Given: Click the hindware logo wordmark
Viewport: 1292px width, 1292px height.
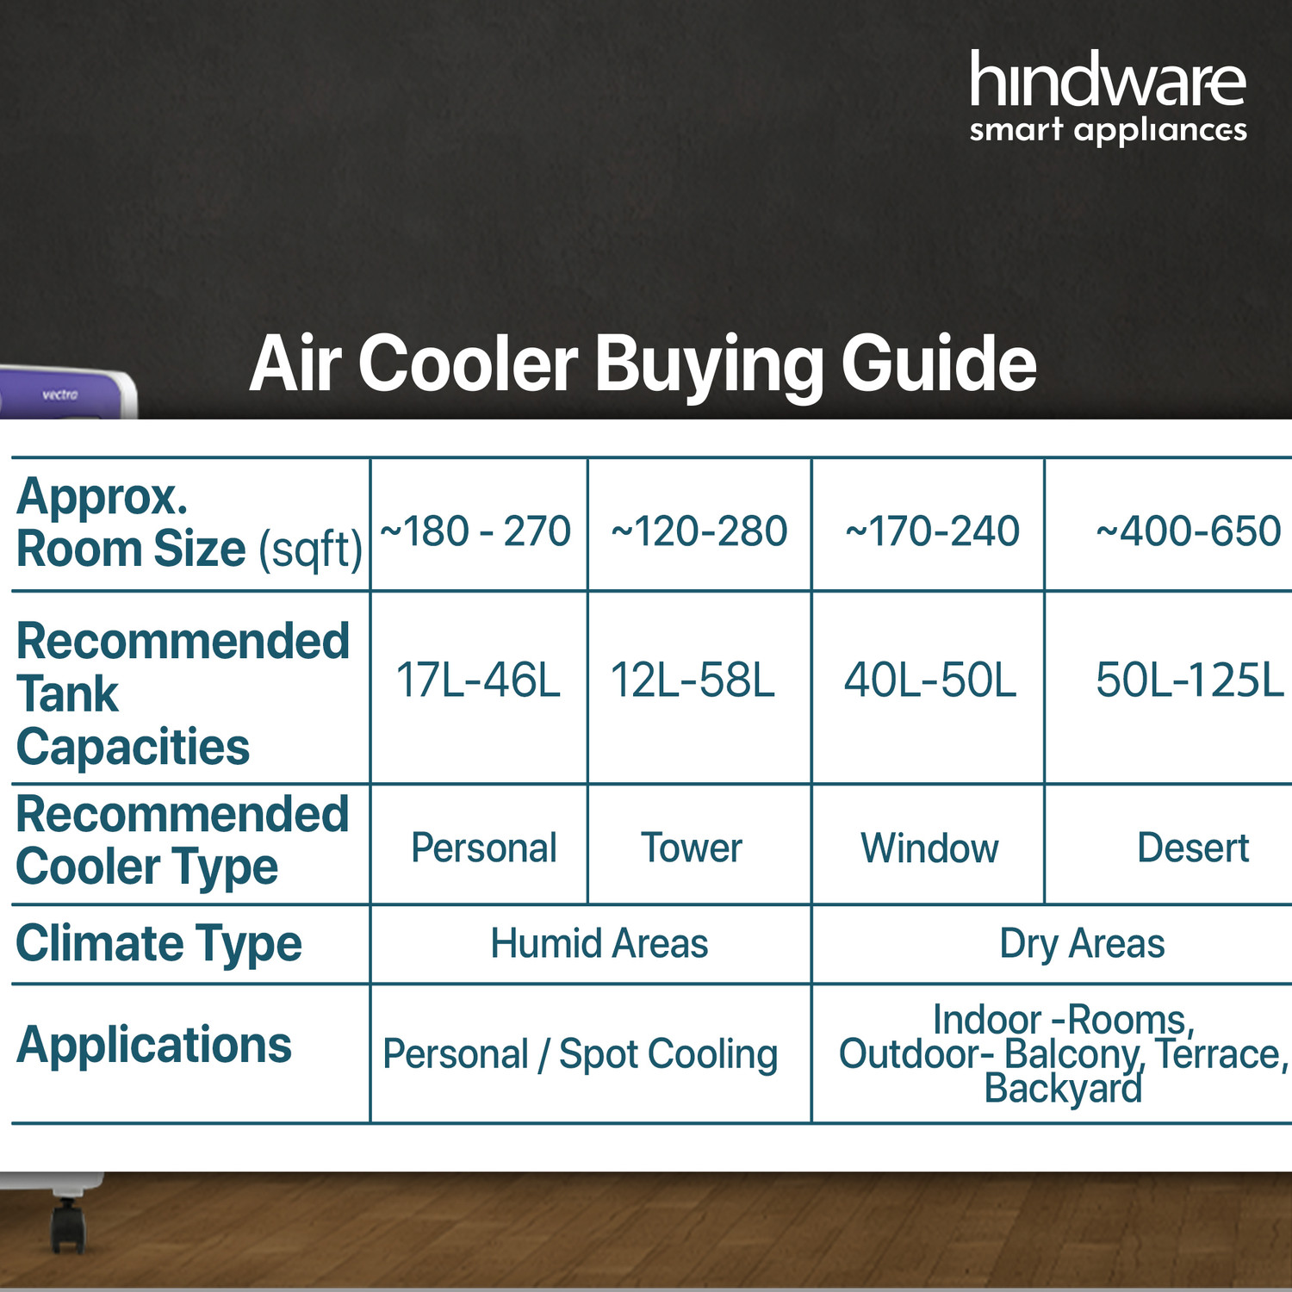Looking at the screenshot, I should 1108,80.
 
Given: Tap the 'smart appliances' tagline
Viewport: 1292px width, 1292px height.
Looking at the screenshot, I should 1108,131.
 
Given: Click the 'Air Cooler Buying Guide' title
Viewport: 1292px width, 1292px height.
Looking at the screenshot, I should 643,363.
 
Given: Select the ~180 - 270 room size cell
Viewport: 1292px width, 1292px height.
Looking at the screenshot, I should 475,531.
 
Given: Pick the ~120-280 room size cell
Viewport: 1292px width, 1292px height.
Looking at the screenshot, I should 699,531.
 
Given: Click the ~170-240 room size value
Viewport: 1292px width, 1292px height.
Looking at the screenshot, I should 932,531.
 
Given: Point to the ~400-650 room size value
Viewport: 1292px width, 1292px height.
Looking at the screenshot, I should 1188,531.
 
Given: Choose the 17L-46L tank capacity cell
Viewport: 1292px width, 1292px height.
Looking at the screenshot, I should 478,680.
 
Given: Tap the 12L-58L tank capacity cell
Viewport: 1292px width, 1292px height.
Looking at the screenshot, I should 693,680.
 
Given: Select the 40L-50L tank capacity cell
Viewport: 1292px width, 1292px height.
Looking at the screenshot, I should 930,680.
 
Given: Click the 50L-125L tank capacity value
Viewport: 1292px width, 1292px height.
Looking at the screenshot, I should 1190,680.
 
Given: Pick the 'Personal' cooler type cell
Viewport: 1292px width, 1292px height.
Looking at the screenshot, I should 484,848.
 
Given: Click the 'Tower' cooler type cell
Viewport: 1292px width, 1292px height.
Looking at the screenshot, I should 691,848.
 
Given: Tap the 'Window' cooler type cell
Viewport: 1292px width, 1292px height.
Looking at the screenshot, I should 930,848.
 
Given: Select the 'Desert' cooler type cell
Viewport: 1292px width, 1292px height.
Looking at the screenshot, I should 1193,848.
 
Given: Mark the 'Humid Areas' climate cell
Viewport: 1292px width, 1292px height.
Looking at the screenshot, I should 599,943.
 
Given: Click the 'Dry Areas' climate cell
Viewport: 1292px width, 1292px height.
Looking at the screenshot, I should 1082,943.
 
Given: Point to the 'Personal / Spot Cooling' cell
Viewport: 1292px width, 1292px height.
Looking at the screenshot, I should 581,1053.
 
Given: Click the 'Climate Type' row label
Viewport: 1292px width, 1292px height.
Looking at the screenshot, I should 159,943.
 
